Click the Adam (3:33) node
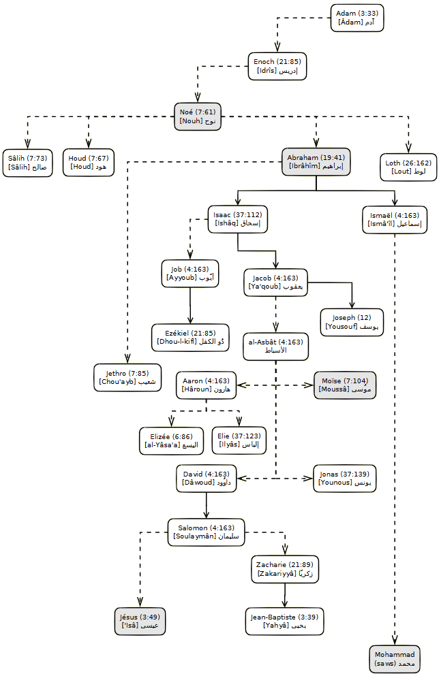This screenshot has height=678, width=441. [357, 18]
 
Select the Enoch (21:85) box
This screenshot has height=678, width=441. [276, 66]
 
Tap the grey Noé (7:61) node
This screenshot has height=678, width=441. [198, 116]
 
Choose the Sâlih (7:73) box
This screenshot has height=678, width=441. [27, 163]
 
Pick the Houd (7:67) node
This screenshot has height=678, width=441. [88, 163]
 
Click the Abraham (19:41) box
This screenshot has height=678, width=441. [316, 162]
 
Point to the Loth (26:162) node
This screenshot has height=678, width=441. [408, 167]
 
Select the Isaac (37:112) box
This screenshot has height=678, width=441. [237, 219]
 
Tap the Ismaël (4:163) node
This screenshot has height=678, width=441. [395, 220]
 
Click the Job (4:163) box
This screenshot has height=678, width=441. [190, 274]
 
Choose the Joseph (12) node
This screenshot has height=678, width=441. [352, 322]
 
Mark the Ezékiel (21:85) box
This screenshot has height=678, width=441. [190, 337]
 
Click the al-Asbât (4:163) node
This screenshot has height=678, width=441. [276, 346]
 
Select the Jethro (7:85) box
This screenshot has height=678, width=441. [127, 377]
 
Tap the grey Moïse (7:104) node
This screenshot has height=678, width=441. [345, 385]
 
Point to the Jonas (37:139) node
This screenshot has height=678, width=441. [345, 479]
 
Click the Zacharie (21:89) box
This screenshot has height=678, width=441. [285, 569]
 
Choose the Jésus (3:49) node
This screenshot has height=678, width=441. [140, 621]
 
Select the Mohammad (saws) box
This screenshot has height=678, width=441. [395, 659]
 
